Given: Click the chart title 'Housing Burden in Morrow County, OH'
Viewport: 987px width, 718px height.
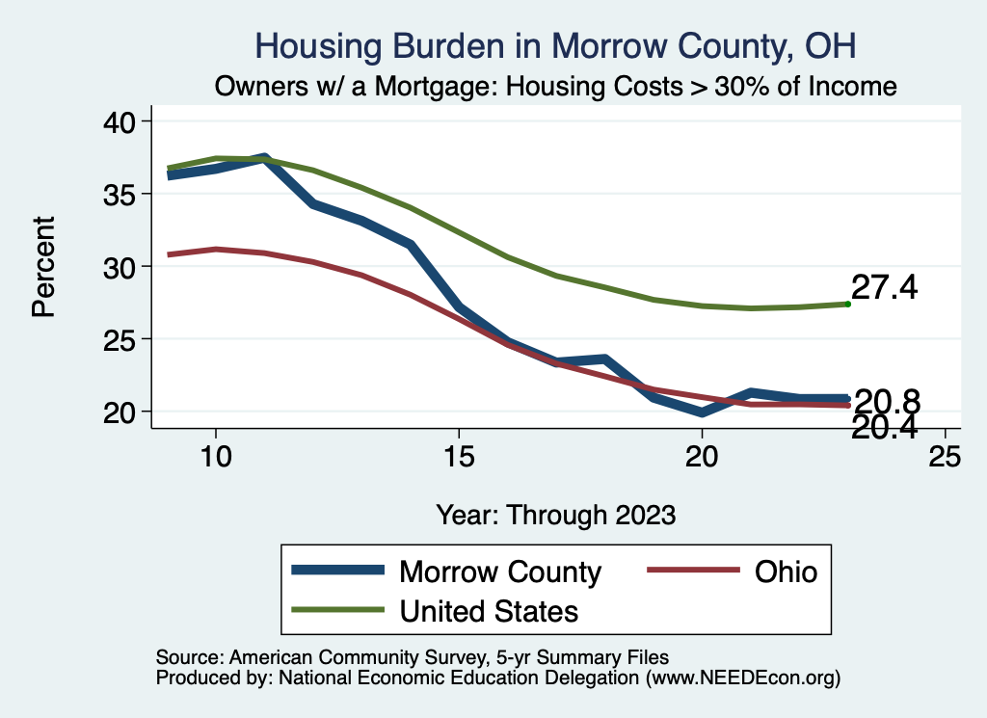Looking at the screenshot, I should [x=554, y=46].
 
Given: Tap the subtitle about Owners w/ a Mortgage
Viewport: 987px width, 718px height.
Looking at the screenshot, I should [x=556, y=87].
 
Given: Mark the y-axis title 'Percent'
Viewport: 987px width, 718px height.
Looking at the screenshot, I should [x=43, y=266].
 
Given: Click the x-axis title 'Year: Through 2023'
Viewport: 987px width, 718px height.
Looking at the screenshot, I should [x=556, y=514].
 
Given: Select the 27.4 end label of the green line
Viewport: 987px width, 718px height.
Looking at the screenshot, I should [x=885, y=287].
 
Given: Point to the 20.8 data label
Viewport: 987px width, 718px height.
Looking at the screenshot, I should [x=887, y=401].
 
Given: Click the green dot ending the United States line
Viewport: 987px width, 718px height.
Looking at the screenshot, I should [x=847, y=304].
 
